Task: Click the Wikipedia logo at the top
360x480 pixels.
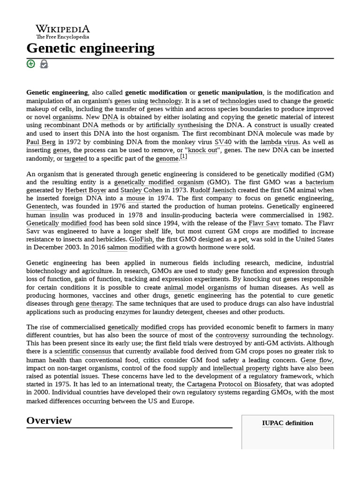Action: click(63, 31)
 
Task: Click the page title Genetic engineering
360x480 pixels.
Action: click(90, 48)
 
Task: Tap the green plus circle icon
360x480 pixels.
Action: click(31, 64)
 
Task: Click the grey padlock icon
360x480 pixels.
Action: click(44, 64)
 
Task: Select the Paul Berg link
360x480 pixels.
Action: click(41, 142)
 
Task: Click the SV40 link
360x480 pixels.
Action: click(223, 142)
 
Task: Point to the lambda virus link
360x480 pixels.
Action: click(279, 142)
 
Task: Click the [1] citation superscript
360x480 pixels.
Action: click(184, 157)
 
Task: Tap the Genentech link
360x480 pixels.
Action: click(42, 206)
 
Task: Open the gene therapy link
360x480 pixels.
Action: click(94, 304)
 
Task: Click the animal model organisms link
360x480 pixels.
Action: click(201, 287)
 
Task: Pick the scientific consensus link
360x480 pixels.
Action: click(82, 351)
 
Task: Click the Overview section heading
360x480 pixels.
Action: click(49, 420)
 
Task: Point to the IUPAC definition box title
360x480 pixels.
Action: click(287, 423)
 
